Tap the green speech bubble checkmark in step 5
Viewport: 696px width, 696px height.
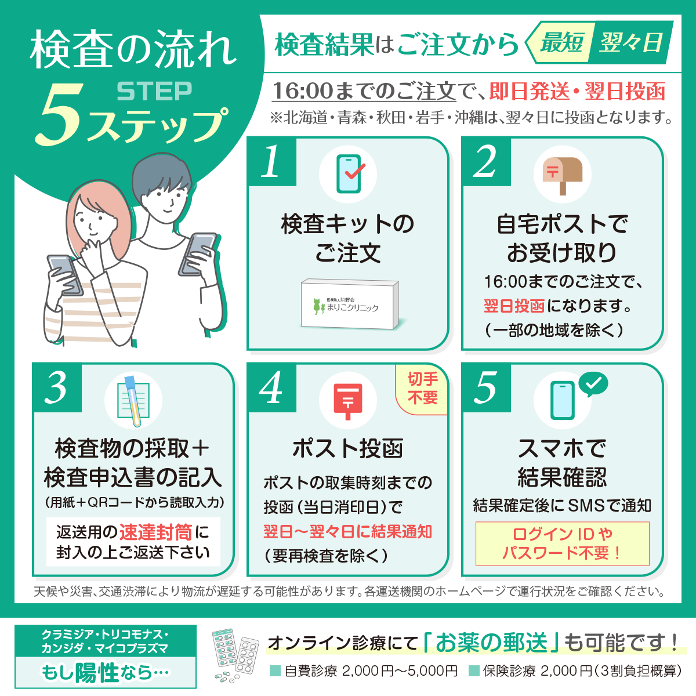pos(593,383)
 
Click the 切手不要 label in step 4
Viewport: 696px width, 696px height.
pos(423,388)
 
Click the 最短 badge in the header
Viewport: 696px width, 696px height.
pos(561,42)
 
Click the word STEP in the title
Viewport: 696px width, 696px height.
pos(154,91)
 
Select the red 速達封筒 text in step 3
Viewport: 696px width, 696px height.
pos(155,532)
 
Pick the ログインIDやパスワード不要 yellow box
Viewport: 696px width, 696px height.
pos(562,543)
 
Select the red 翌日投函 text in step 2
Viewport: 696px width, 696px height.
pos(514,306)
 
